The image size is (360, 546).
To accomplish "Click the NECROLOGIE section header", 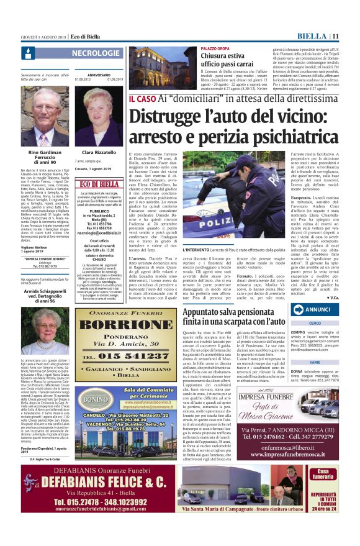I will click(96, 53).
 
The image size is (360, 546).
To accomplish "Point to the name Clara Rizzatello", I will click(99, 152).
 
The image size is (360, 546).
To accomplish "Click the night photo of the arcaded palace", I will click(163, 66).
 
